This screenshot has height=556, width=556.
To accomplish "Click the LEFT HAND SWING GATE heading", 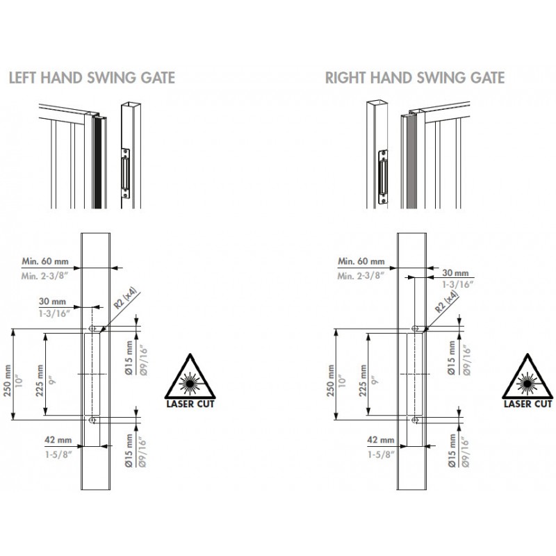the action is click(92, 78).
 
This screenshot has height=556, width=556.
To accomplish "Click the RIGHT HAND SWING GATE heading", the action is click(415, 78).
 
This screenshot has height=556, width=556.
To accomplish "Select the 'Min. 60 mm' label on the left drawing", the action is click(45, 261).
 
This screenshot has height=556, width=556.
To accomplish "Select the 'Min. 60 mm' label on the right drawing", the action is click(361, 261).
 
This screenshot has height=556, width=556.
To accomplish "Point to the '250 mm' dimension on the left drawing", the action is click(8, 380).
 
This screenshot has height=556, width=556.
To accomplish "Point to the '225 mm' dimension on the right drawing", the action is click(363, 380).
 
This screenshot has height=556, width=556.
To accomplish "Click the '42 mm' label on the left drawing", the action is click(58, 440).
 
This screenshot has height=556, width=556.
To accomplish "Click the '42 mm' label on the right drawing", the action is click(381, 440).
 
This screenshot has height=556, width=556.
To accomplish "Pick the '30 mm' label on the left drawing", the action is click(53, 302).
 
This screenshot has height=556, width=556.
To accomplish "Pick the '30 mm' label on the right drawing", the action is click(455, 272).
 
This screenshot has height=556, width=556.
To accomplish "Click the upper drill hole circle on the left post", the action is click(92, 328).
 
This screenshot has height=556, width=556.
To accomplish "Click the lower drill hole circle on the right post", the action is click(415, 420).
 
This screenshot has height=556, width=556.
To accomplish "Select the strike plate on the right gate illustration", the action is click(383, 177).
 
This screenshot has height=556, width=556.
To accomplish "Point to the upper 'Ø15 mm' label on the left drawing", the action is click(129, 358).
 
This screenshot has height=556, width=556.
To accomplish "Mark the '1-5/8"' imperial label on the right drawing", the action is click(381, 455).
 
